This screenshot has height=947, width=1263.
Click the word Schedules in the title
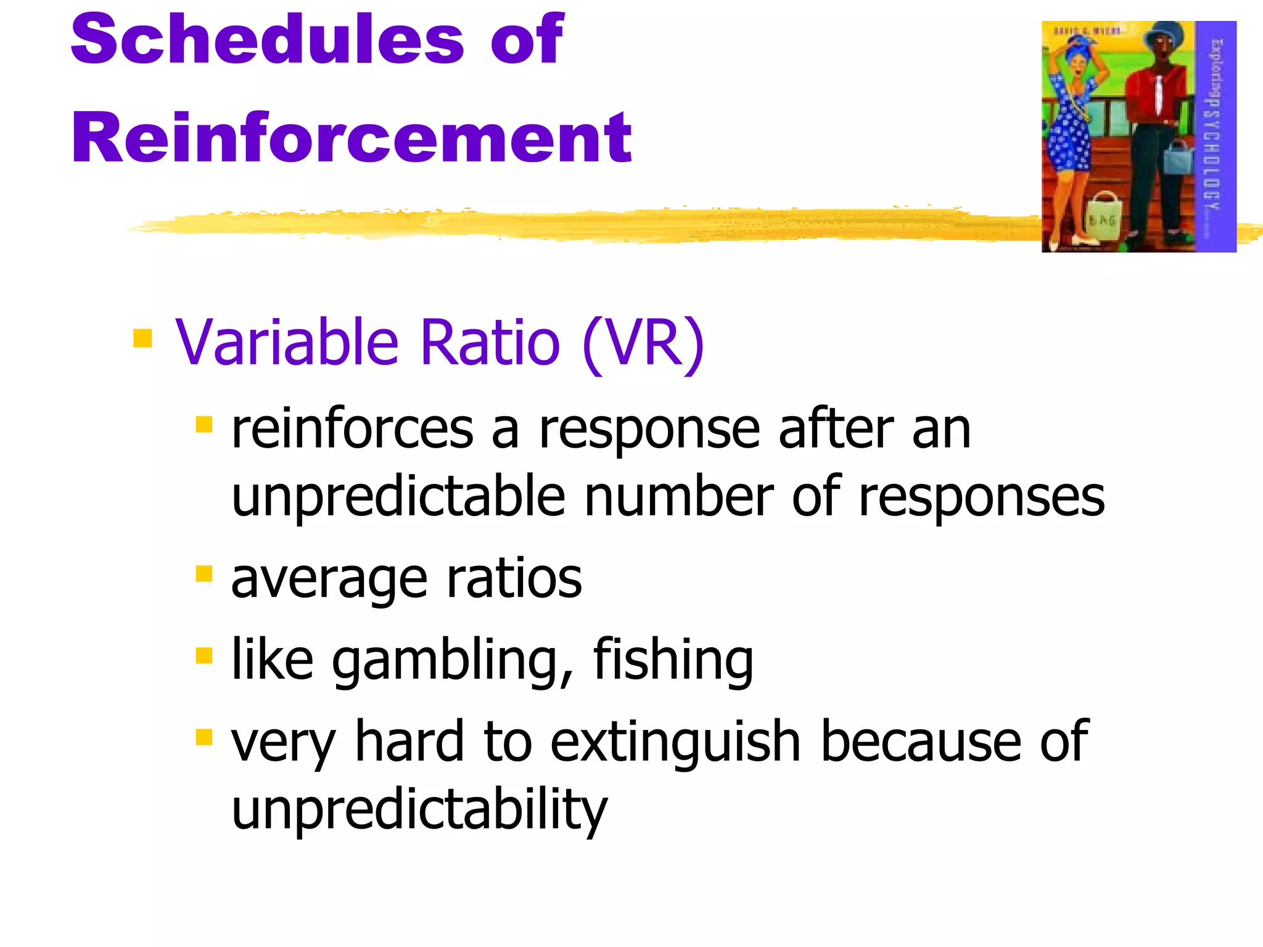click(x=267, y=40)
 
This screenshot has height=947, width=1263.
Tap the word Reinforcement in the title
click(x=351, y=139)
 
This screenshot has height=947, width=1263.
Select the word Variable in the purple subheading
click(x=287, y=343)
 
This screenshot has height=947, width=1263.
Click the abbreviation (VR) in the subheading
click(x=643, y=343)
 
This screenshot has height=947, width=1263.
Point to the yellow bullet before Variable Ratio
click(x=142, y=338)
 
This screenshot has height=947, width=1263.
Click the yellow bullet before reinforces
click(x=204, y=424)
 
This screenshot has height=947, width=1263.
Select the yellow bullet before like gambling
click(x=204, y=655)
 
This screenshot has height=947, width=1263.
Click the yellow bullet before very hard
click(x=204, y=737)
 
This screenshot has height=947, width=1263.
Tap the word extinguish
click(x=675, y=742)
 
